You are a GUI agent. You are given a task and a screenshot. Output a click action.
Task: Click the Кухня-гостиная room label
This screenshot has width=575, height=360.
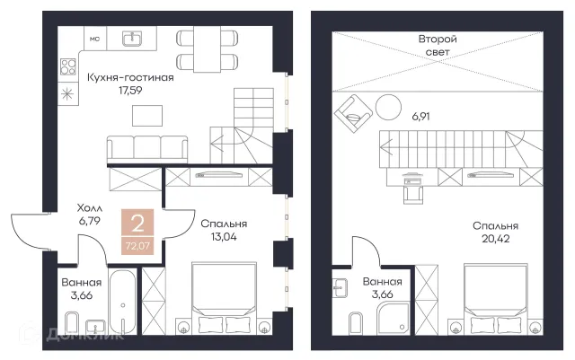coord(130,78)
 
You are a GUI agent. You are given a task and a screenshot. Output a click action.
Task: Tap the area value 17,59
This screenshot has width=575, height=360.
coord(130,91)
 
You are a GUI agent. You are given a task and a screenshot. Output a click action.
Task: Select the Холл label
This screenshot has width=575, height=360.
coord(90,208)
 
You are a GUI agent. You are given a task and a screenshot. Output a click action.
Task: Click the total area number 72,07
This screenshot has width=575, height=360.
coord(137,246)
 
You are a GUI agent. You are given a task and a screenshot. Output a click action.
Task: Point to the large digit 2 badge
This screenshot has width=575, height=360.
coord(137,224)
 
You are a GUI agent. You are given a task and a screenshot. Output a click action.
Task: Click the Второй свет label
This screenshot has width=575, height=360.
coord(438,46)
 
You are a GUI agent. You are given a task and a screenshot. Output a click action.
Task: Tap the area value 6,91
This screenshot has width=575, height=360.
coord(421,117)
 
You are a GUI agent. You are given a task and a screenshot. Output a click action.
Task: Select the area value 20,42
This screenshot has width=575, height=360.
coord(495,239)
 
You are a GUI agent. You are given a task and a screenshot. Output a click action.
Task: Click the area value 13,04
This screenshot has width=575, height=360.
coord(224,237)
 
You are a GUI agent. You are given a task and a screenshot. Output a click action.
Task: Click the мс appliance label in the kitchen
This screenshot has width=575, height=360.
coord(94,39)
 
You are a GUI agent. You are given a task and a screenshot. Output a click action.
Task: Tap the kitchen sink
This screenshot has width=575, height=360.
coord(132,38)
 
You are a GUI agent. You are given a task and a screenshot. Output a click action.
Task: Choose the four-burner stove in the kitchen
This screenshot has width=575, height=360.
coord(68,66)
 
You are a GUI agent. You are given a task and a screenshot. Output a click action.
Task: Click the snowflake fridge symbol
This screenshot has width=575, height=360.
coord(67,94)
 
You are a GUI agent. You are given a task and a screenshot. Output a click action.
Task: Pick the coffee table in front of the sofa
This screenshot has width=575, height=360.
coord(147,116)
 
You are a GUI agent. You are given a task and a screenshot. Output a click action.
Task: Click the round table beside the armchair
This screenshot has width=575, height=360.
coord(388,107)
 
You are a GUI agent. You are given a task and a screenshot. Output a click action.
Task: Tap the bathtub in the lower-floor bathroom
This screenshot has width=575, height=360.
coord(122,302)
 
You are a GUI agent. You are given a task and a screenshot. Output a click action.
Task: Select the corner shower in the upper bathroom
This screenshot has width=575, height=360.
coord(393,318)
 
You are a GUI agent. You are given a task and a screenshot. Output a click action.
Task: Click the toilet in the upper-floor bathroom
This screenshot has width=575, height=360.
coord(356,323)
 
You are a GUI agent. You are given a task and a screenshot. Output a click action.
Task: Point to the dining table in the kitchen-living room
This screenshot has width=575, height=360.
coord(208,48)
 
